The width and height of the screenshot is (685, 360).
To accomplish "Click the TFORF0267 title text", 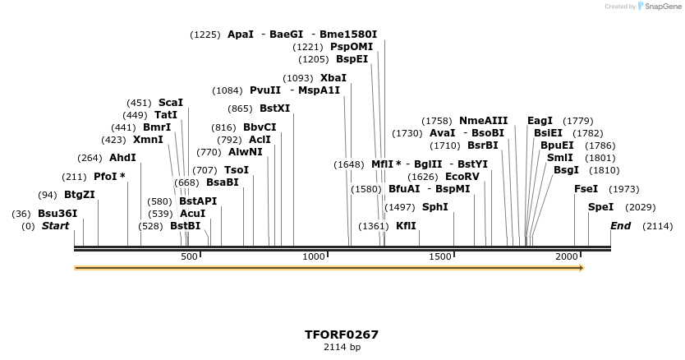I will [342, 335].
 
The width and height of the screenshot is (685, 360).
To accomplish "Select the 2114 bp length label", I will [342, 348].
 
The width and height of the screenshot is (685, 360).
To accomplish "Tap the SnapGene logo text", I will [663, 7].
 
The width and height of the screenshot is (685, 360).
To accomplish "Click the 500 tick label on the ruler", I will [189, 257].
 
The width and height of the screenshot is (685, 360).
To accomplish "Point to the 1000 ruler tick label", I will [315, 257].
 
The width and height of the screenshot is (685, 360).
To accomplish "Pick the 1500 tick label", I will [441, 257].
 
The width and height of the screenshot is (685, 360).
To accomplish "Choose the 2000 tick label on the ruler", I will [568, 257].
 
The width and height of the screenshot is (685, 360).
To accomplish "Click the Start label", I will [55, 226].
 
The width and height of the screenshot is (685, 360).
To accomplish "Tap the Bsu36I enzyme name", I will [57, 214].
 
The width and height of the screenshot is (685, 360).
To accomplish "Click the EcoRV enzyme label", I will [462, 177].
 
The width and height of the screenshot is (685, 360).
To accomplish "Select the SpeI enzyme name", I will [600, 207].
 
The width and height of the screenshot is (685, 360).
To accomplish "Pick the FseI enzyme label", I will [586, 189].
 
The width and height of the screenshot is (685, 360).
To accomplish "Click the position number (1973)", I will [623, 189].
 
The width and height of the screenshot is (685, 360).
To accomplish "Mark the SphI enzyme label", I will [434, 207].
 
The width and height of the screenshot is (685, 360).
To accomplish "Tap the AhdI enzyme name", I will [122, 158].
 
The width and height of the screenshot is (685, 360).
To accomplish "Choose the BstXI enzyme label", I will [274, 108].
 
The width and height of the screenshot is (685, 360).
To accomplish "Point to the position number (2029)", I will [641, 207].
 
